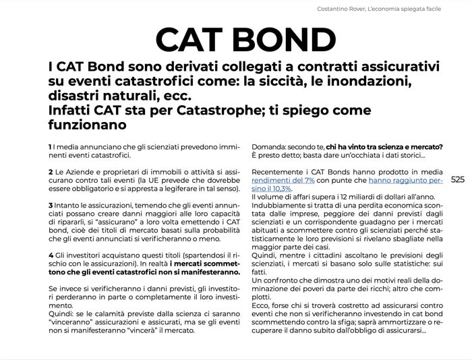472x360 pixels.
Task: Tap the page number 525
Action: tap(458, 179)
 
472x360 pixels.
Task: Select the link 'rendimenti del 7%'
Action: tap(283, 180)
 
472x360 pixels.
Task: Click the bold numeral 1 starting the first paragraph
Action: tap(50, 147)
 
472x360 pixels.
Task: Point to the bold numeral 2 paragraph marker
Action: tap(50, 173)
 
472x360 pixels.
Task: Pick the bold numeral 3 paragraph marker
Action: tap(50, 205)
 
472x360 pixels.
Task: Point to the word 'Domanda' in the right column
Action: tap(270, 147)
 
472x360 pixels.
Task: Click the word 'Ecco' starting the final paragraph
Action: tap(261, 304)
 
